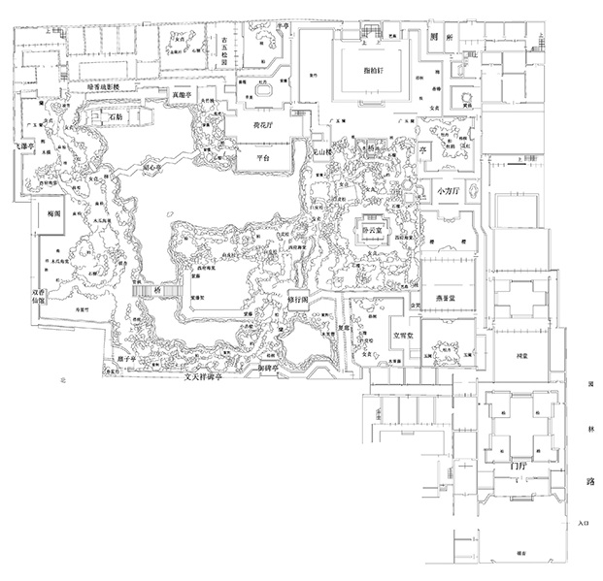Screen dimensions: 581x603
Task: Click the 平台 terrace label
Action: pos(255,157)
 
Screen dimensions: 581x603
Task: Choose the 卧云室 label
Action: pos(373,234)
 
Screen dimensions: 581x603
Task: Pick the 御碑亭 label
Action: pos(269,368)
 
